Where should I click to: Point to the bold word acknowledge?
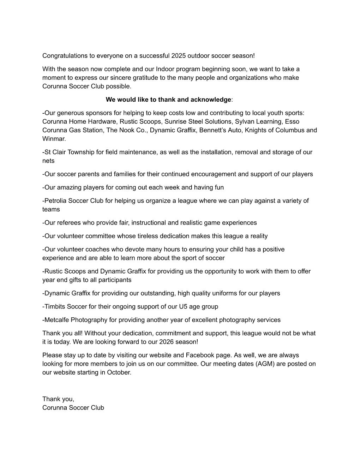point(211,100)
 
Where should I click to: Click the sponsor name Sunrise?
point(176,122)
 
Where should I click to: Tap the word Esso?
point(292,122)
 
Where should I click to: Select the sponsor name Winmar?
point(53,139)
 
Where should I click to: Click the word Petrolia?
point(55,201)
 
